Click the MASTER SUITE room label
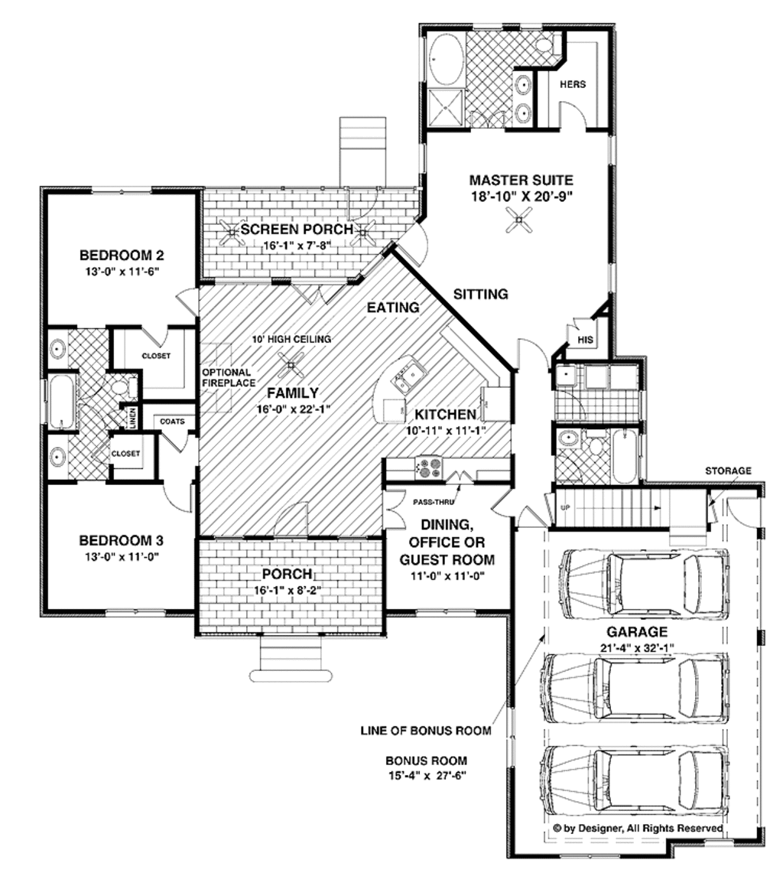(520, 181)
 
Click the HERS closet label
(573, 84)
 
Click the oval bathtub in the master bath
(444, 58)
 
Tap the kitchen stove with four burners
(427, 466)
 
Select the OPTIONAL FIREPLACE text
(226, 377)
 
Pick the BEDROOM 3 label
(122, 540)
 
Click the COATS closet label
(171, 421)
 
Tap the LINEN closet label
(132, 418)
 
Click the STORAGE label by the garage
(727, 471)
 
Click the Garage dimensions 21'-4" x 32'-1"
(637, 648)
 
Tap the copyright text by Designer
(637, 828)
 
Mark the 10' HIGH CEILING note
(291, 339)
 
